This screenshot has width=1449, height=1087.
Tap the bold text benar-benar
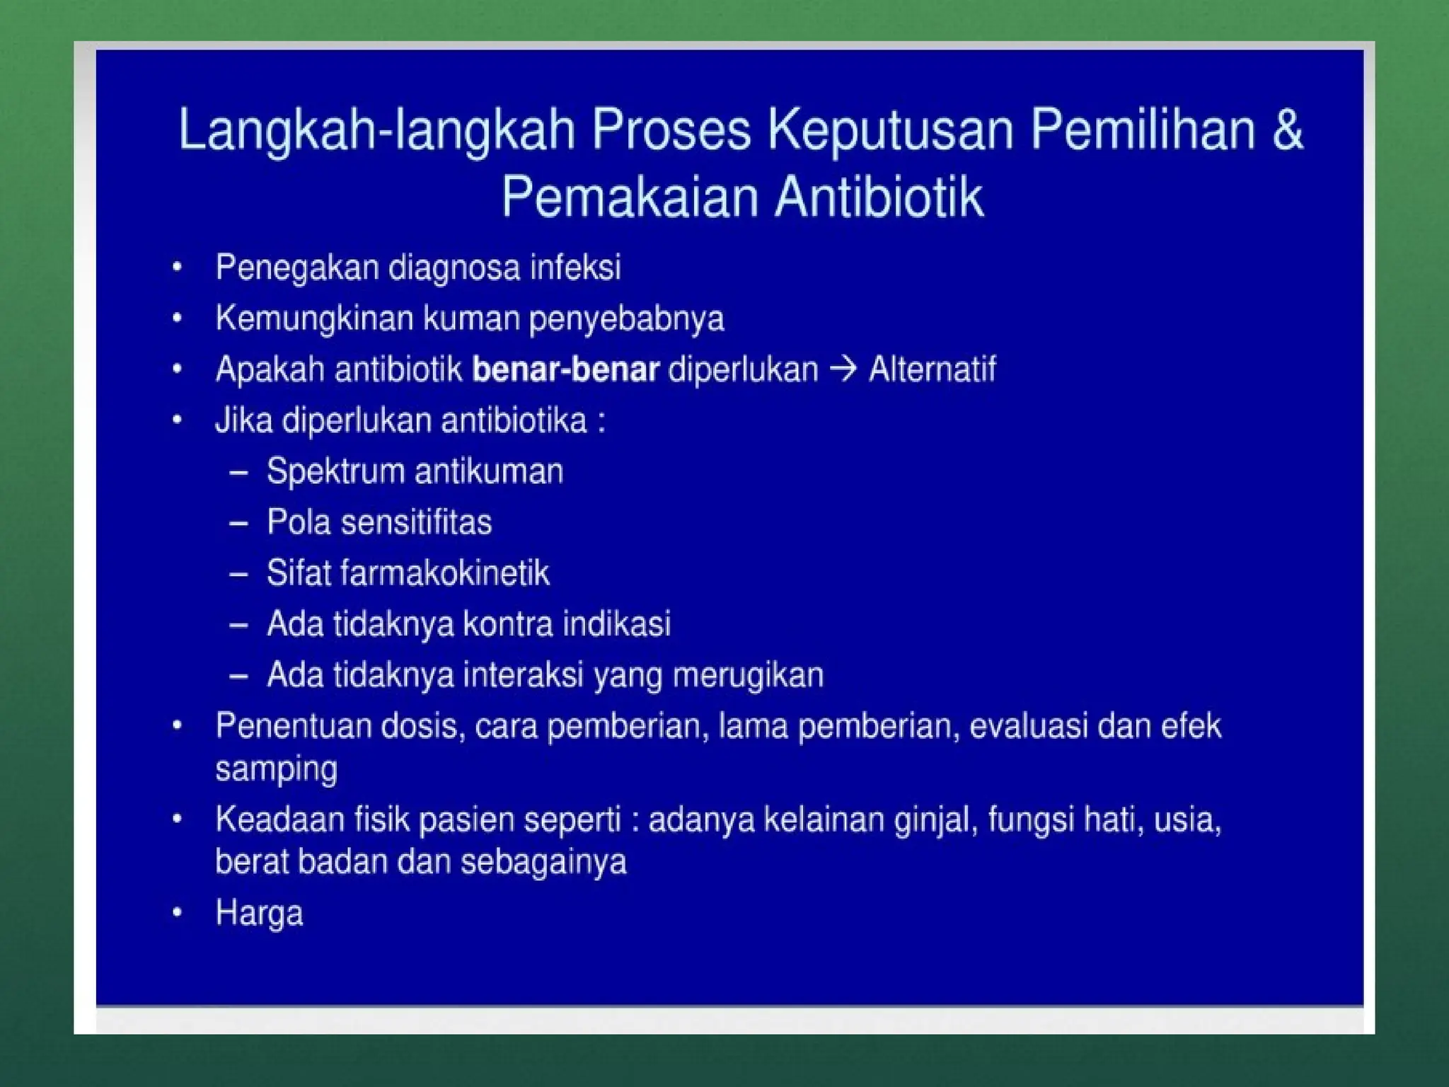[565, 369]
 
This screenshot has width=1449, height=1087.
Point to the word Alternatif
[932, 369]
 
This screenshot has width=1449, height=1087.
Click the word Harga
[259, 914]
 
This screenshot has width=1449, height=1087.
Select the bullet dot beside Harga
[178, 913]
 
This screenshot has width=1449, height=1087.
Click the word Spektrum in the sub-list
[335, 472]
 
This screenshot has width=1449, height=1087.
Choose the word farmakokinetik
[444, 573]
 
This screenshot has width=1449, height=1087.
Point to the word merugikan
[748, 675]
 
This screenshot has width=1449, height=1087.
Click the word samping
[276, 769]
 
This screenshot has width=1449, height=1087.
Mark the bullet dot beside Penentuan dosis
[178, 726]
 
